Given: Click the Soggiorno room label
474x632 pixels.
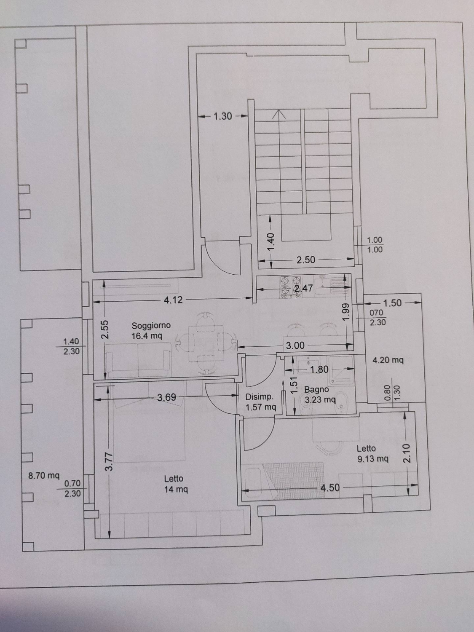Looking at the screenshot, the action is (151, 326).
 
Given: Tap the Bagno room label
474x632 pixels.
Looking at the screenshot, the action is (316, 389).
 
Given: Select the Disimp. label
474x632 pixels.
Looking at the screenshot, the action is (259, 397).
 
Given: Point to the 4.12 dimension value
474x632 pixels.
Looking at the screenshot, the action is (173, 300).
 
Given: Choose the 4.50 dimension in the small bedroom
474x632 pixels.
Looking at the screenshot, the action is (330, 487).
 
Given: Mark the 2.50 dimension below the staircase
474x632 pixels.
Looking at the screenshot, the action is (306, 260).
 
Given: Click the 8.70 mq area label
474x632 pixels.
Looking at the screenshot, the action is (44, 475).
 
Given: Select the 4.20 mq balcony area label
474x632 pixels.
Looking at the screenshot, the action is (388, 360).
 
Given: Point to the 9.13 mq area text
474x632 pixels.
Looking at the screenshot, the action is (373, 459).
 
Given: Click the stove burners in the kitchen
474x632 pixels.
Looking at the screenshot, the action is (291, 287).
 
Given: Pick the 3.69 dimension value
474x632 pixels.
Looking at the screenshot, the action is (166, 397).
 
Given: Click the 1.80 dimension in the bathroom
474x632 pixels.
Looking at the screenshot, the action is (319, 370).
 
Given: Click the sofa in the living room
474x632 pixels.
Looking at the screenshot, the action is (138, 360).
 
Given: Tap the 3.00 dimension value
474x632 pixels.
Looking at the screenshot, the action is (295, 345).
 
